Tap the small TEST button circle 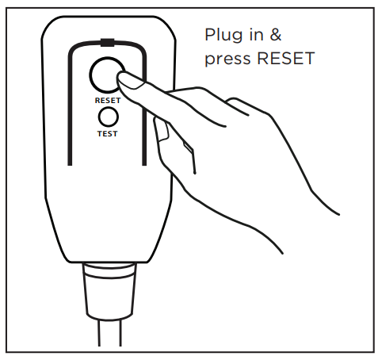click(x=108, y=117)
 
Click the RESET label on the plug click(x=108, y=101)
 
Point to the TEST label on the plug click(x=107, y=134)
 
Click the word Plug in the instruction click(x=223, y=35)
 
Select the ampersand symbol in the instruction click(x=276, y=35)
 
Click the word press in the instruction click(x=227, y=59)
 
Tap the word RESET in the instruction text click(x=286, y=58)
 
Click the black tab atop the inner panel click(x=108, y=43)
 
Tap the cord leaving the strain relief click(x=110, y=332)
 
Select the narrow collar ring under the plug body click(x=109, y=270)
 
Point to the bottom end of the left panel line click(x=70, y=165)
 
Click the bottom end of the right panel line click(x=144, y=165)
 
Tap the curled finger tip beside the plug click(x=162, y=130)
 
